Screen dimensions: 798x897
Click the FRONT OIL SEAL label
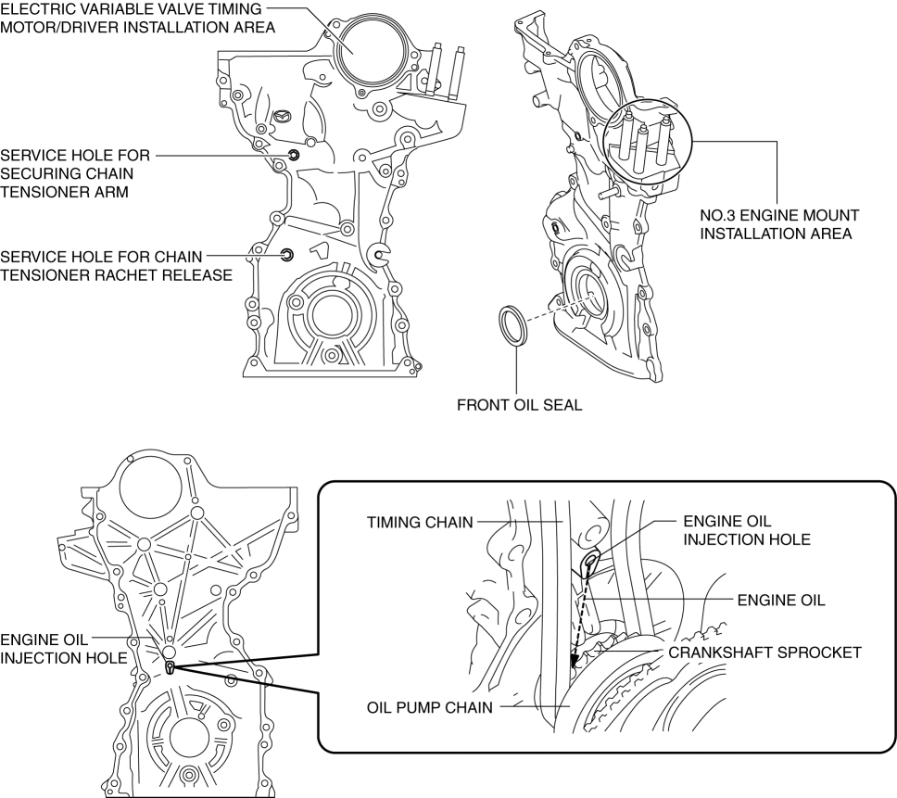coord(518,405)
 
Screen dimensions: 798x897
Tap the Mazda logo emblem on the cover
coord(284,117)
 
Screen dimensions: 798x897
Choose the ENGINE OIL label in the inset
coord(780,601)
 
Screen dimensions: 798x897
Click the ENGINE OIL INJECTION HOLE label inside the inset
coord(747,530)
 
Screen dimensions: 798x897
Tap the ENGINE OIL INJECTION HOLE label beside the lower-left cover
coord(63,648)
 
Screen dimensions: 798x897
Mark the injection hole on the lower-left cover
coord(170,665)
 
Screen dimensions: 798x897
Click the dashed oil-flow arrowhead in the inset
coord(575,662)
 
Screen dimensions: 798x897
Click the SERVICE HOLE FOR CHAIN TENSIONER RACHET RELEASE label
coord(116,264)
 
